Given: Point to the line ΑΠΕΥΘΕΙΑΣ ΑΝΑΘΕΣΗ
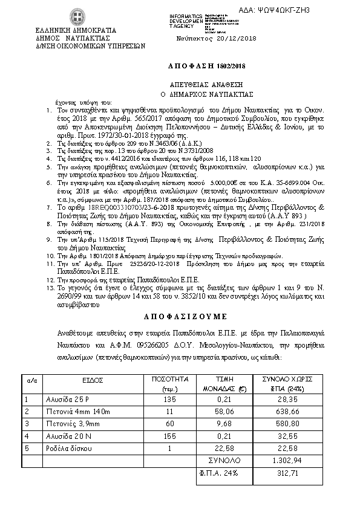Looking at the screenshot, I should (189, 85).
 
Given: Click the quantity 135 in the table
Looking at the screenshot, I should (170, 400).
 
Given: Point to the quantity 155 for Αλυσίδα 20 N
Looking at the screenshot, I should (170, 436).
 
